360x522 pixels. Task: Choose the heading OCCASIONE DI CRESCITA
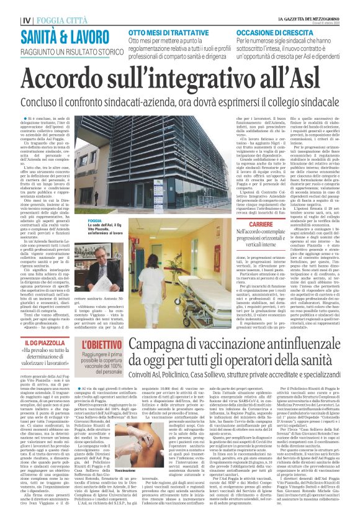click(274, 30)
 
